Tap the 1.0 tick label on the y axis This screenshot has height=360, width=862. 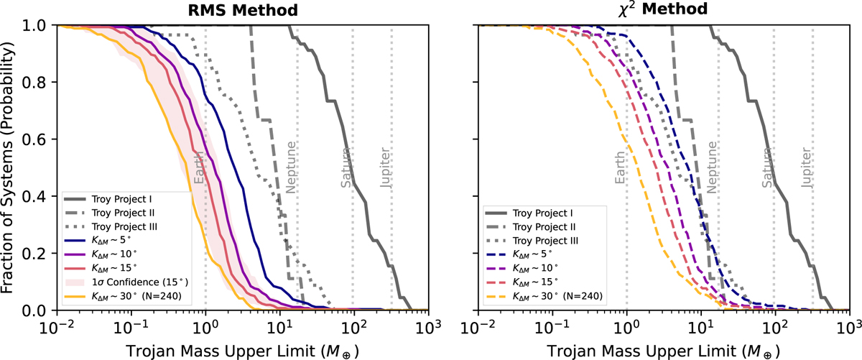37,25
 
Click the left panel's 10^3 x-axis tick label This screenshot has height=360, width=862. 429,323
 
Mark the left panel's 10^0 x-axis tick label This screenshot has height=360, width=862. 205,323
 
